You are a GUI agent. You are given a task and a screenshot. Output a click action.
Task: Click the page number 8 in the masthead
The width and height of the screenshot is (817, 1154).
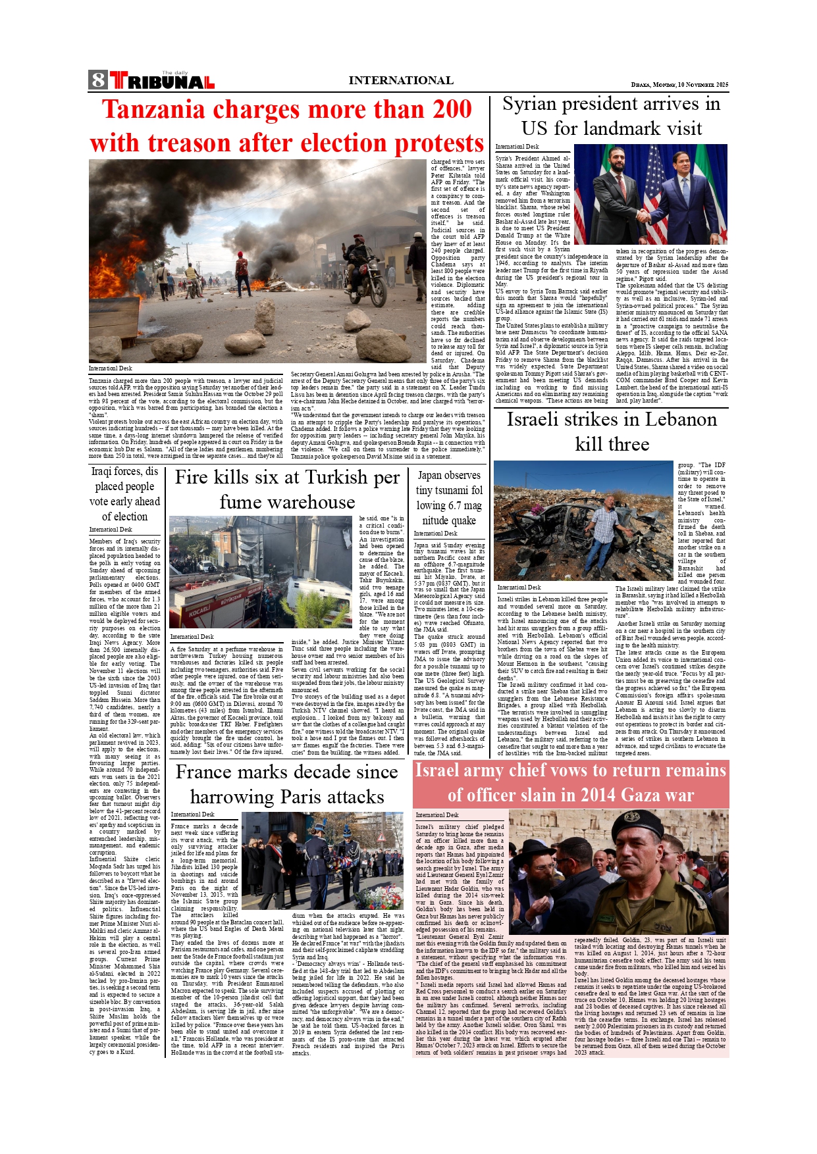(98, 80)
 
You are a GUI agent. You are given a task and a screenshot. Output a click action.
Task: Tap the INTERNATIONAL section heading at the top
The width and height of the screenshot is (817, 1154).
(400, 80)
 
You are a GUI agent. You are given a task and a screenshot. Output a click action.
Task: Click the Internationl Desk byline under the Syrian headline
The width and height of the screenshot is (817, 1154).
(517, 147)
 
